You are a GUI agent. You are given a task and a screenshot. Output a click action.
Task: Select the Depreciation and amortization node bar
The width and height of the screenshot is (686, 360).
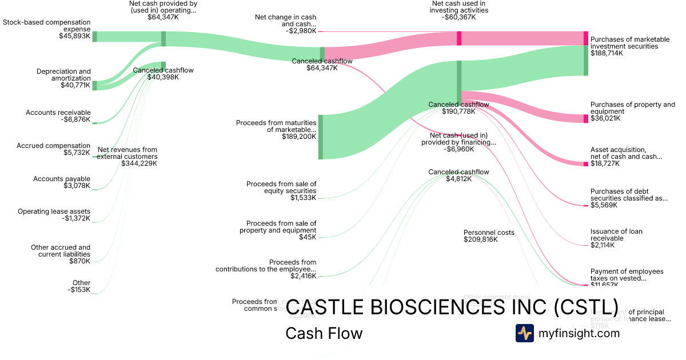click(x=94, y=85)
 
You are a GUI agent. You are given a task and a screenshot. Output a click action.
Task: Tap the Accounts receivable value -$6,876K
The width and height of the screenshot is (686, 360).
click(x=74, y=120)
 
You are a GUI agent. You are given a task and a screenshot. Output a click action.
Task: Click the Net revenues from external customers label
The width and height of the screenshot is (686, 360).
click(x=127, y=153)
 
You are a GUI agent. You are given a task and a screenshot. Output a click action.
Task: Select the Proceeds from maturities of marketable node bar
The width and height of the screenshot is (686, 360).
click(x=321, y=137)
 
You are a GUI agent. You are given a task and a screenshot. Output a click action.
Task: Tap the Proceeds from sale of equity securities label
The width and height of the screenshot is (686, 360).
click(x=281, y=187)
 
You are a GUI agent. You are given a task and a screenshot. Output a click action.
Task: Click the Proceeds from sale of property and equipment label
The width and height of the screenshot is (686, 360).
click(x=281, y=226)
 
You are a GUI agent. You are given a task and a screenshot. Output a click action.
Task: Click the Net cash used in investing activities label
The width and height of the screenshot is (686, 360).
click(x=460, y=10)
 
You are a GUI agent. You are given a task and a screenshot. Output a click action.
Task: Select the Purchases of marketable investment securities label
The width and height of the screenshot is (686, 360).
click(x=629, y=43)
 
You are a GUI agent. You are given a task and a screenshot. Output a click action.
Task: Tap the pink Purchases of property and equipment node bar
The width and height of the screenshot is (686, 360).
click(x=586, y=119)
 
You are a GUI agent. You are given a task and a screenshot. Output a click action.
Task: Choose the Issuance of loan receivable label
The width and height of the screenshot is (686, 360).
click(x=616, y=235)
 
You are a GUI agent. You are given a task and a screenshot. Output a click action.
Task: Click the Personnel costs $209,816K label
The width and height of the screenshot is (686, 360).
click(x=489, y=236)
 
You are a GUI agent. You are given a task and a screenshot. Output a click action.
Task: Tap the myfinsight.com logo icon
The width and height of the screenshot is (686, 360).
click(x=524, y=333)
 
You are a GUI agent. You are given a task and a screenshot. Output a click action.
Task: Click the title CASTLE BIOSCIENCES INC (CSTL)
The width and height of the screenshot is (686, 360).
click(x=452, y=307)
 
